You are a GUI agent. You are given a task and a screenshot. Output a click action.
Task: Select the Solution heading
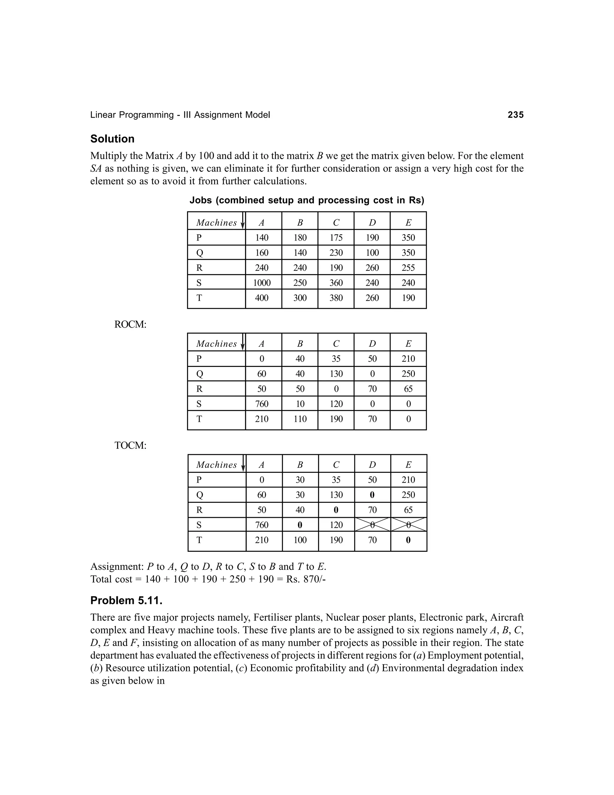[x=112, y=139]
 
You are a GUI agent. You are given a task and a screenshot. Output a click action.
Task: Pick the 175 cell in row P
[x=336, y=238]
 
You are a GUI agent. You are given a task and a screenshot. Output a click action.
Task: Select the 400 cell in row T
[x=261, y=298]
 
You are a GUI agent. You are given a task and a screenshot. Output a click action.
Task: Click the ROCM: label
[x=130, y=325]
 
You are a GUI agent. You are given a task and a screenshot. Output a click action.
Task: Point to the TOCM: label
[x=130, y=445]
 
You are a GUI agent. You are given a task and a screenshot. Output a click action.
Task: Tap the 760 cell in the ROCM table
[x=261, y=404]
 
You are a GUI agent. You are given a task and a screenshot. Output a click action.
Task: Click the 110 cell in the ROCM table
[x=300, y=419]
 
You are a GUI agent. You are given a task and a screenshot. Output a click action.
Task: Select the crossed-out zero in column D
[x=372, y=525]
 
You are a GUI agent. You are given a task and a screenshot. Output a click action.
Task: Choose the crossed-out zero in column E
[x=408, y=525]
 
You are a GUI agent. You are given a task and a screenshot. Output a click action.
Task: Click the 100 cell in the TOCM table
[x=300, y=540]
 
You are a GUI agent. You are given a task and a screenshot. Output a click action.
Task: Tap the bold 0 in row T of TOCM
[x=408, y=540]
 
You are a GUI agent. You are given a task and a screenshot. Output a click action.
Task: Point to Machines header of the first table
[x=216, y=223]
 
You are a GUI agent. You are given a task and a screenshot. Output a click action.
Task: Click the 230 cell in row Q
[x=336, y=253]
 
